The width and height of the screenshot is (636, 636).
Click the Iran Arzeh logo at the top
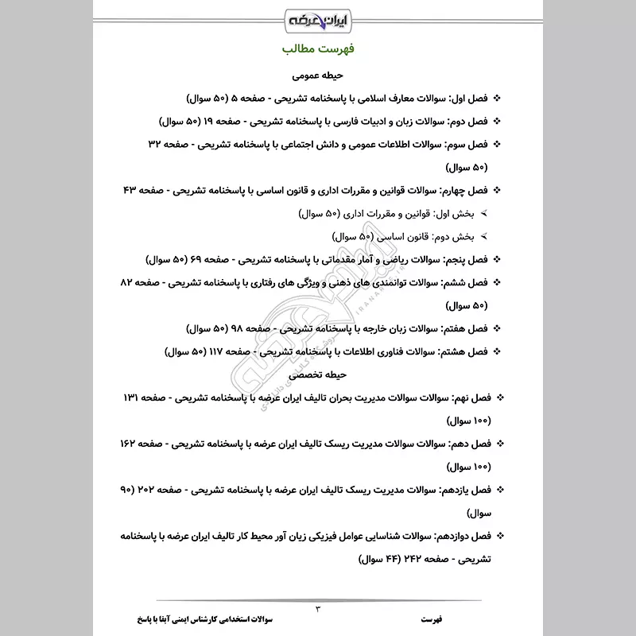point(318,17)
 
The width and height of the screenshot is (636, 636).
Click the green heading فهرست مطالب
point(318,49)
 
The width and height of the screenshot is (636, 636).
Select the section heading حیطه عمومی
point(317,77)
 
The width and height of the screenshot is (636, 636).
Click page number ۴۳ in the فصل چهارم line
point(131,191)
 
